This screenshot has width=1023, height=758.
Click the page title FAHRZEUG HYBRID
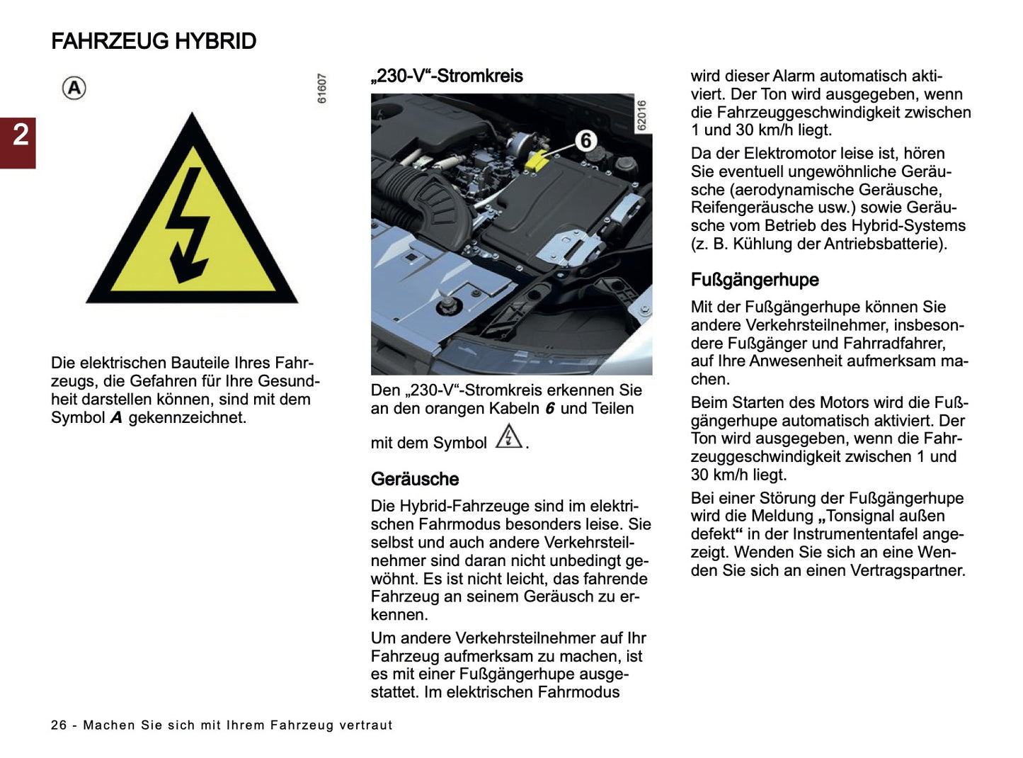click(154, 41)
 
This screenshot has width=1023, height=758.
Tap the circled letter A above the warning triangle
click(74, 89)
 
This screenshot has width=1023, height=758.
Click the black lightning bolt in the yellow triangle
click(187, 225)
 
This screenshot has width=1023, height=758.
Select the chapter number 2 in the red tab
click(21, 135)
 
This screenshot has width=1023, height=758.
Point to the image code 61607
click(322, 89)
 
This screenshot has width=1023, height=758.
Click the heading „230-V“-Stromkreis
click(447, 76)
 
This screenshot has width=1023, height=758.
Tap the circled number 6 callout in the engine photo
click(585, 141)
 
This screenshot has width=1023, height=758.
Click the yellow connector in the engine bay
click(536, 160)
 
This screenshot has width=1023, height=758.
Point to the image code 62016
click(641, 115)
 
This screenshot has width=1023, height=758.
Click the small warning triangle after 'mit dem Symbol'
click(508, 436)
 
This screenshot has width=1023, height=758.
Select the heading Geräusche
click(415, 479)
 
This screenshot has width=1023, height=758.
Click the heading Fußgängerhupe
click(755, 280)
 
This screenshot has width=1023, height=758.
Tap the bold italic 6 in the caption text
click(549, 409)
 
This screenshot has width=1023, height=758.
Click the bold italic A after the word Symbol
click(116, 418)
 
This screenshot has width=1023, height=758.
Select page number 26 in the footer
click(59, 725)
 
